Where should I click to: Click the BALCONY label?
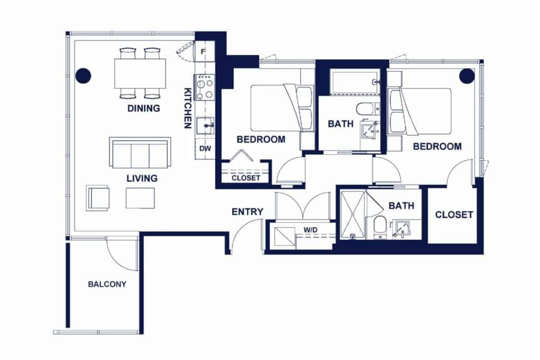(x=107, y=284)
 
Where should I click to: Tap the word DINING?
(x=143, y=109)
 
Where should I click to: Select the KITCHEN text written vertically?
(x=188, y=108)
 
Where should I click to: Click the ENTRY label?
(x=247, y=212)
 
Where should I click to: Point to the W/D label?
(x=310, y=230)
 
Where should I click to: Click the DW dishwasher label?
(x=205, y=149)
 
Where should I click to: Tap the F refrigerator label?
(x=203, y=52)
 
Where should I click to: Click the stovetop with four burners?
(x=205, y=87)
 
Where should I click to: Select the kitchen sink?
(x=205, y=126)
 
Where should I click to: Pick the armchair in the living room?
(x=98, y=198)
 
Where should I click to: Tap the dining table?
(x=140, y=74)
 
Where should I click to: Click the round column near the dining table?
(x=83, y=75)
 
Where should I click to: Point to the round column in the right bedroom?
(x=467, y=76)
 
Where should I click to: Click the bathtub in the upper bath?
(x=355, y=82)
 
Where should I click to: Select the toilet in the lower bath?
(x=380, y=227)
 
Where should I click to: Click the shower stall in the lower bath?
(x=352, y=215)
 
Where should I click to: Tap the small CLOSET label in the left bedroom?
(x=246, y=178)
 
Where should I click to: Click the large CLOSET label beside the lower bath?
(x=454, y=215)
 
